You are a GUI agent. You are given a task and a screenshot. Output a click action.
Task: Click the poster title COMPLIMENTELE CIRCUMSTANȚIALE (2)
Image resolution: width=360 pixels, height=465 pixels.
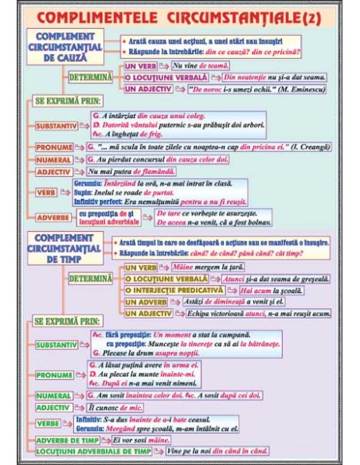[x=180, y=16]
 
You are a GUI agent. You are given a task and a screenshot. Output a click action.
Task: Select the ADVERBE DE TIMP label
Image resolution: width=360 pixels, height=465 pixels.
[x=71, y=440]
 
